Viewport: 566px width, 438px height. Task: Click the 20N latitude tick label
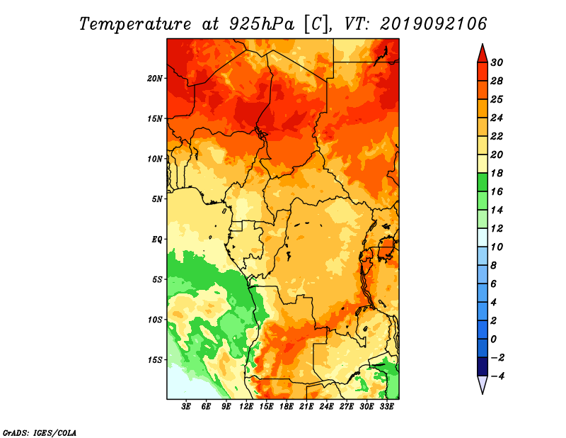point(155,79)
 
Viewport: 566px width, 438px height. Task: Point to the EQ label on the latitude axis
point(157,240)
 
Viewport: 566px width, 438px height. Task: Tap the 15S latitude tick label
point(155,360)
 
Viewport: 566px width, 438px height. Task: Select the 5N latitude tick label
point(157,199)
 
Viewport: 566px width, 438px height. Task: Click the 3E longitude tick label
point(186,407)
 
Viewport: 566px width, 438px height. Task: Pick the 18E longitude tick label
point(287,407)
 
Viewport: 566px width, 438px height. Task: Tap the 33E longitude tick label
point(386,407)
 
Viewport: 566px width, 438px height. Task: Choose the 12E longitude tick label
point(246,407)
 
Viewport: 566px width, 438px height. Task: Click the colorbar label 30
point(497,62)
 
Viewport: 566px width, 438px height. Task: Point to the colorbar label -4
point(497,376)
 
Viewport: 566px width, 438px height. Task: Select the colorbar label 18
point(497,173)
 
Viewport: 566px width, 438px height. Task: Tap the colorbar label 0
point(494,339)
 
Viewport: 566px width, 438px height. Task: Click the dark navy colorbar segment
point(483,366)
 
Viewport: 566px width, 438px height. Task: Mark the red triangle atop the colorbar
point(483,54)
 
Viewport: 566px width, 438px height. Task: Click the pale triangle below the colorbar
point(483,385)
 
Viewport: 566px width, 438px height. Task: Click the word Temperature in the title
point(135,25)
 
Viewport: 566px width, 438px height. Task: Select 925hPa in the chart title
point(262,24)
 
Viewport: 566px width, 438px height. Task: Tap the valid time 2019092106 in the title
point(434,24)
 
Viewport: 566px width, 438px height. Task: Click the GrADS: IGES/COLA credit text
point(40,433)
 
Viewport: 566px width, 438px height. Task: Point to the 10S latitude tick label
point(155,320)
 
